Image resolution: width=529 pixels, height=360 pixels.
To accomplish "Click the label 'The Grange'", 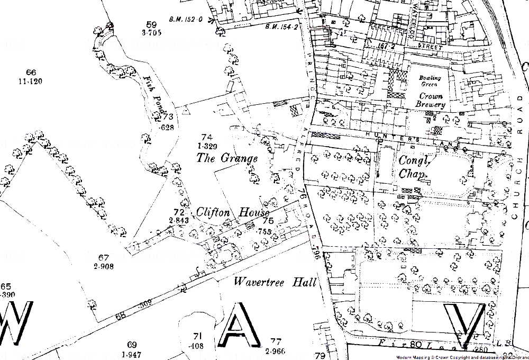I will [227, 158].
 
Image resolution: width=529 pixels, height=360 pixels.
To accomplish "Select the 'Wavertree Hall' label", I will [275, 282].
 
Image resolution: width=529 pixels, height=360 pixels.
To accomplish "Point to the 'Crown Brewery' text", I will [431, 100].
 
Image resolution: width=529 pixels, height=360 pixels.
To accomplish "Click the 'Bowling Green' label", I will [430, 81].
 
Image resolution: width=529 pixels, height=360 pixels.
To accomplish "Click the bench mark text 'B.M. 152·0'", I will [186, 20].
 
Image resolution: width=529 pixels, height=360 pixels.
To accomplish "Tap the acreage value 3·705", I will [151, 33].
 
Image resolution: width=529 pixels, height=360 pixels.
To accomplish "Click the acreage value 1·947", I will [132, 354].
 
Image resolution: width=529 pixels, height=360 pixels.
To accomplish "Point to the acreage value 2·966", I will [275, 351].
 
